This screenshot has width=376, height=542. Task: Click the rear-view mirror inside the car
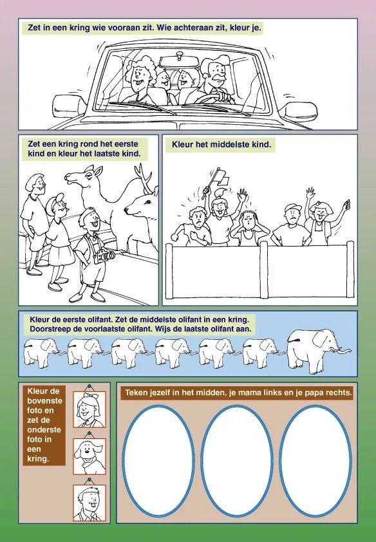coord(180,61)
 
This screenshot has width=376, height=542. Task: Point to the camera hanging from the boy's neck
coord(106,256)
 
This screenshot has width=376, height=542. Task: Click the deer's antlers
coord(144,179)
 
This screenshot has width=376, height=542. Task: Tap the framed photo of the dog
coord(89,456)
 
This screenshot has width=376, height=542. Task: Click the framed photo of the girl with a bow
coord(89,409)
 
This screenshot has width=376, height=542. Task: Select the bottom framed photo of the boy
coord(89,503)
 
